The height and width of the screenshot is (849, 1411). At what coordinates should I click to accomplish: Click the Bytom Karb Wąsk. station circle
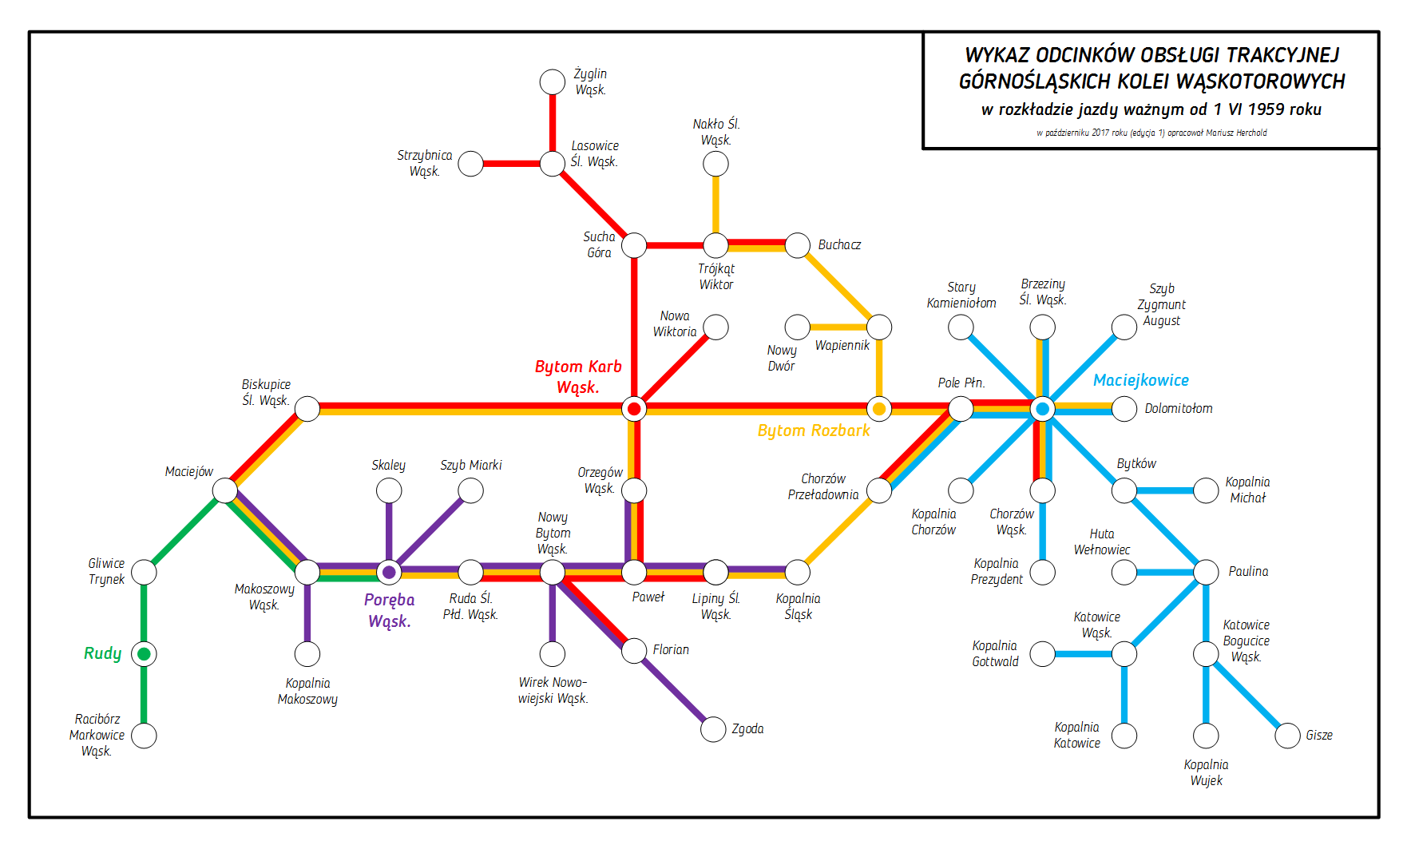(x=634, y=409)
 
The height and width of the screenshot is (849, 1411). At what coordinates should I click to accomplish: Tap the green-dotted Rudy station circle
(x=144, y=654)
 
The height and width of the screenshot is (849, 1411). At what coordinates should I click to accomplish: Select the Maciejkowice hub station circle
(x=1042, y=409)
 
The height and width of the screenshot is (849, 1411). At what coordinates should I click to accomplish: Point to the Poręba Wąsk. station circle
(x=389, y=572)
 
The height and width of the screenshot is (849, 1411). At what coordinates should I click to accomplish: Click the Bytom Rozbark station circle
(x=879, y=409)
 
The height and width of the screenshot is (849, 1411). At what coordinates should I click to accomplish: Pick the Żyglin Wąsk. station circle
(x=553, y=81)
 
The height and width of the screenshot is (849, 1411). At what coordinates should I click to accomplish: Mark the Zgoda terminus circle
(x=713, y=729)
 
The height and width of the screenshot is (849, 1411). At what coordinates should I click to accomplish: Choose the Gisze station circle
(x=1287, y=736)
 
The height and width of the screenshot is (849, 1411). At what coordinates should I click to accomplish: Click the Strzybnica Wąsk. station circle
(x=471, y=164)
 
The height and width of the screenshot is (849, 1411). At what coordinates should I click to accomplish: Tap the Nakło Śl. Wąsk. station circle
(x=715, y=164)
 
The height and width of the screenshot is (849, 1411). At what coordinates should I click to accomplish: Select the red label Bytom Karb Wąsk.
(x=578, y=377)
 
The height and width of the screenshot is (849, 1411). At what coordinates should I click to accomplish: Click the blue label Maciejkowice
(x=1140, y=381)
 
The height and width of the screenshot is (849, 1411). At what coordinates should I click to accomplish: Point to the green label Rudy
(x=103, y=653)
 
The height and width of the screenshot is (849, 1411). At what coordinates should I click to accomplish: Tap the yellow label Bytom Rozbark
(x=813, y=431)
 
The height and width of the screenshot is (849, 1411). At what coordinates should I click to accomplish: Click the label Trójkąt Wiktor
(x=716, y=277)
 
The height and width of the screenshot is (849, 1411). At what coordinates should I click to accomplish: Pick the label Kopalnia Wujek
(x=1206, y=773)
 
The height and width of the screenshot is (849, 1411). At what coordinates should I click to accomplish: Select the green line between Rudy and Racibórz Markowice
(x=144, y=695)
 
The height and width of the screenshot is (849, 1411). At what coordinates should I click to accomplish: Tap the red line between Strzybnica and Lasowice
(x=512, y=164)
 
